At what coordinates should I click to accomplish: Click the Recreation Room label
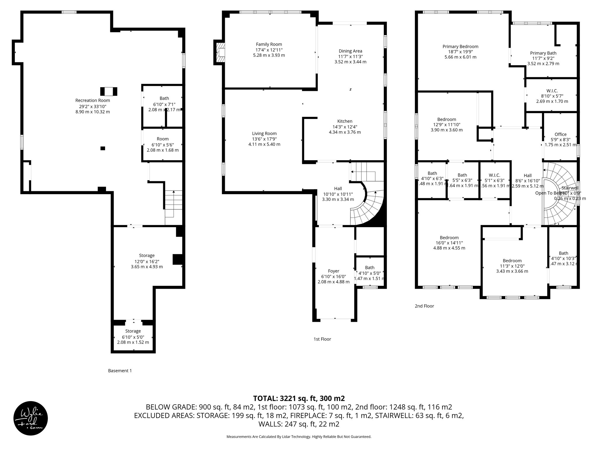tap(93, 100)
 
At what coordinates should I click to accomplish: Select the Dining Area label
tap(350, 51)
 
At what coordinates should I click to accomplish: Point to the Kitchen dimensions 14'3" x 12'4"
tap(345, 127)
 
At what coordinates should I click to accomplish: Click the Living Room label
tap(264, 134)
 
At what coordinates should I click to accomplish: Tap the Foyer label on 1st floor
tap(333, 271)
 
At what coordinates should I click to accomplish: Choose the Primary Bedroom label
tap(460, 46)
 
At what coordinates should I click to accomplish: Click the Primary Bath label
tap(543, 53)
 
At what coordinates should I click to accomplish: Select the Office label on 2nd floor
tap(560, 134)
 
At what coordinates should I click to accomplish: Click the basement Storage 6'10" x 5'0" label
tap(133, 331)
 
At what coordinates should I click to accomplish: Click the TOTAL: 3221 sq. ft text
tap(299, 398)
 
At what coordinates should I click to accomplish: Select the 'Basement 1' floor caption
tap(120, 371)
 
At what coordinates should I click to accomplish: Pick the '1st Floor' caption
tap(322, 339)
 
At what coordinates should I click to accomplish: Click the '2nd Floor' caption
tap(424, 306)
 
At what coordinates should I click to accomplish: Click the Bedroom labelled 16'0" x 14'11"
tap(449, 238)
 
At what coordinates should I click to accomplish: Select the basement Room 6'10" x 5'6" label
tap(162, 139)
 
